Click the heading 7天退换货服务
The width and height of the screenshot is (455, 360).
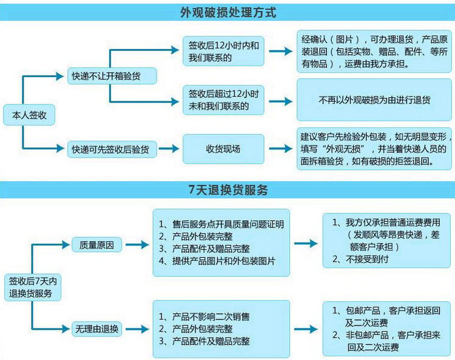click(227, 190)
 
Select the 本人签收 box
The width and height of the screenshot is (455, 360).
click(25, 115)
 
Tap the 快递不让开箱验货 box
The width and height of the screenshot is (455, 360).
click(111, 76)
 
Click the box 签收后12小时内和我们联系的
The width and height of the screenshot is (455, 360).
click(224, 52)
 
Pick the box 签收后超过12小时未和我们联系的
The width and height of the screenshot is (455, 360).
click(224, 100)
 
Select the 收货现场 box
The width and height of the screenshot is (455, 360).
click(224, 148)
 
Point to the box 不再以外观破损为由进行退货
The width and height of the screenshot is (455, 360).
click(374, 100)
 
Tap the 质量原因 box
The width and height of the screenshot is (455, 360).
click(97, 245)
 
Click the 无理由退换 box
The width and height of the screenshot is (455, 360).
click(97, 330)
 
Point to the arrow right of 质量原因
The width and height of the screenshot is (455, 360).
click(136, 245)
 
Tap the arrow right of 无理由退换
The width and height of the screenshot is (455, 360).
click(136, 330)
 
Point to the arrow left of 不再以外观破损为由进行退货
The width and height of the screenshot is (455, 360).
click(280, 100)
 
